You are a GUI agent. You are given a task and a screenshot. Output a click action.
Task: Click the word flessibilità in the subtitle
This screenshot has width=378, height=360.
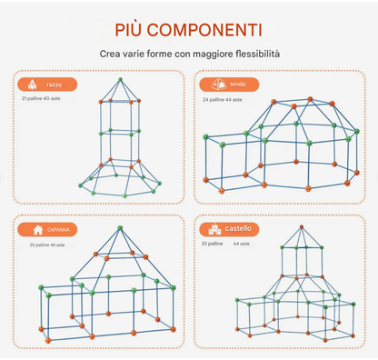[254, 55]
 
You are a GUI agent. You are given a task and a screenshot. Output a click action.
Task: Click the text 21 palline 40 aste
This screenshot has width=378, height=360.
[41, 98]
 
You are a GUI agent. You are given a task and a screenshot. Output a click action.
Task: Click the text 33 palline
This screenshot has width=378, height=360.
[210, 244]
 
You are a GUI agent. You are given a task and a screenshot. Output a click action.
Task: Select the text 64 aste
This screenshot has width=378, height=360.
[243, 244]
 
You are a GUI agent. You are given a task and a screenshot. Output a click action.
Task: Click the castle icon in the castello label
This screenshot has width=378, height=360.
[213, 229]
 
